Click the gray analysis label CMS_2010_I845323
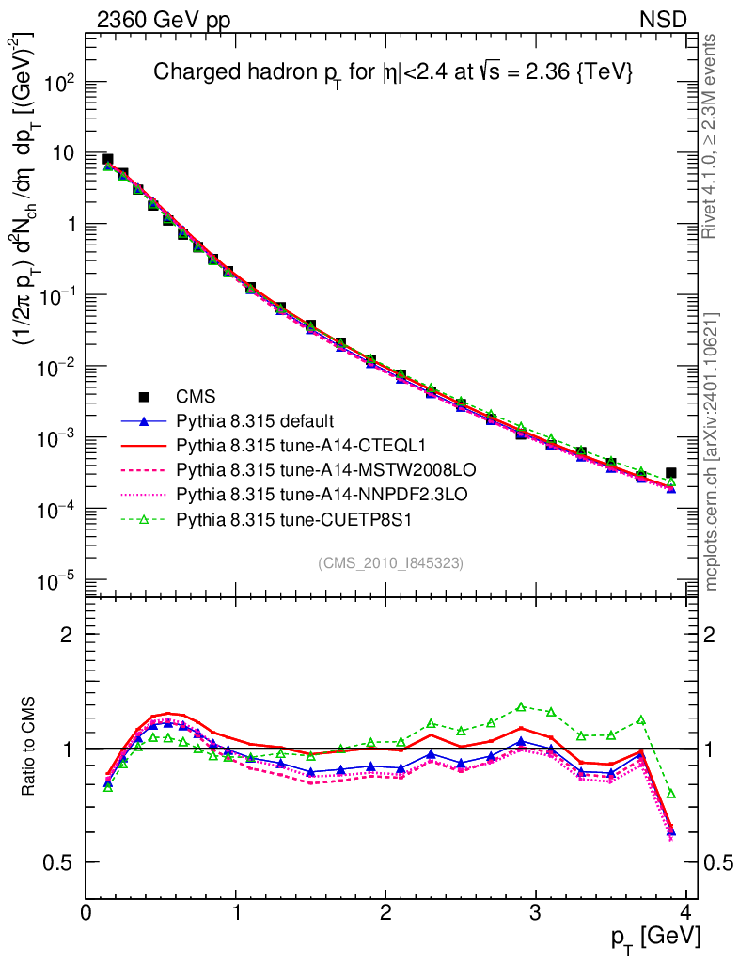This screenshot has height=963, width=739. click(390, 562)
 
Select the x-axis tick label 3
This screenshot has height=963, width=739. click(535, 912)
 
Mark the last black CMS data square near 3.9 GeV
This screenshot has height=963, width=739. click(670, 473)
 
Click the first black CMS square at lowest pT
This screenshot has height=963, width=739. click(108, 160)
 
